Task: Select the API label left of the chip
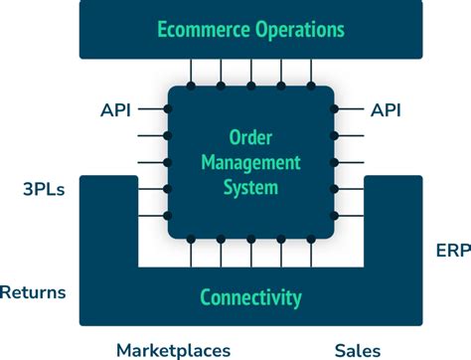(115, 108)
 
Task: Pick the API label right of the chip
(388, 108)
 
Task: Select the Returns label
(33, 292)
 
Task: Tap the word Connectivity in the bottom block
(250, 296)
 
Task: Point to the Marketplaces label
(173, 349)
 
